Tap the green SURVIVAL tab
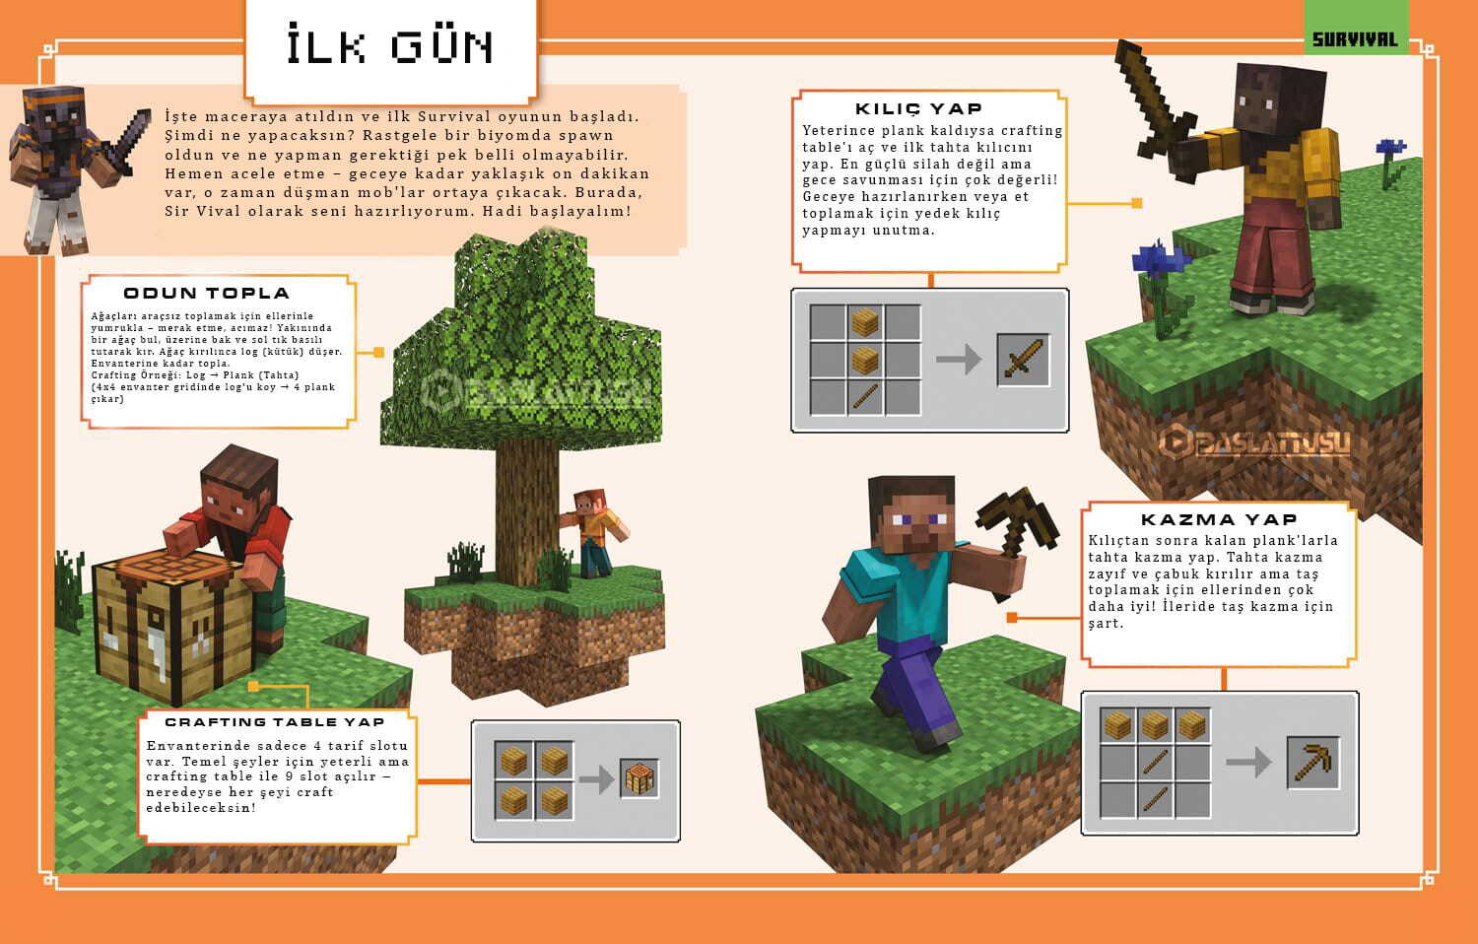pyautogui.click(x=1355, y=39)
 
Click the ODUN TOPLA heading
pyautogui.click(x=206, y=293)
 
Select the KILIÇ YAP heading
pyautogui.click(x=918, y=108)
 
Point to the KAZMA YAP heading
pyautogui.click(x=1219, y=519)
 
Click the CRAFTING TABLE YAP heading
pyautogui.click(x=274, y=722)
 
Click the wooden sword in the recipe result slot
pyautogui.click(x=1023, y=360)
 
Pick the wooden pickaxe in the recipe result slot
pyautogui.click(x=1312, y=762)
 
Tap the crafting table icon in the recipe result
pyautogui.click(x=639, y=779)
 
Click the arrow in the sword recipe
pyautogui.click(x=958, y=360)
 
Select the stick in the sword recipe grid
pyautogui.click(x=865, y=397)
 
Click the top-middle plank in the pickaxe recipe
pyautogui.click(x=1155, y=726)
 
